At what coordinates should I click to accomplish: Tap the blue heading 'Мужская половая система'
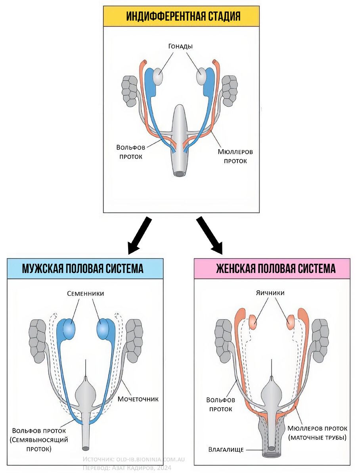82,269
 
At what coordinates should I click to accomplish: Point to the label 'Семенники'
85,294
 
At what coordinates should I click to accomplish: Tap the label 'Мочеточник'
138,399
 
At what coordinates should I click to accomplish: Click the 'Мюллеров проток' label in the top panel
235,156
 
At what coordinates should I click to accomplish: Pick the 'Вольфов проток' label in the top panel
129,152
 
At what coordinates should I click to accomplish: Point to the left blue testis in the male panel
67,328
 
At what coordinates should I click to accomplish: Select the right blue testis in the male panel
104,328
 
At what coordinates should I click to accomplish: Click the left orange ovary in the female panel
253,322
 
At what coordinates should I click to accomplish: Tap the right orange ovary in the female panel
290,322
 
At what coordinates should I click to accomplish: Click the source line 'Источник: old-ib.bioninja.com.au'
134,459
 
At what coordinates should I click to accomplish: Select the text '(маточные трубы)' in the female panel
317,438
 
